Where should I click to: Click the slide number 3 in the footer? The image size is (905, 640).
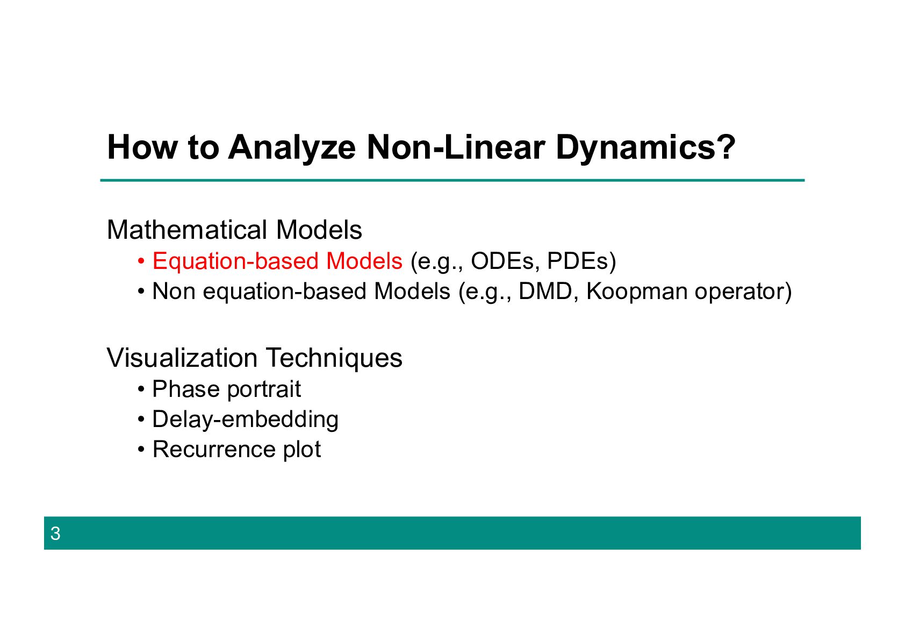(55, 534)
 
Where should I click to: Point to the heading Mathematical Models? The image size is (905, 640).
(234, 230)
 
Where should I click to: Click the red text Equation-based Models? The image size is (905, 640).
(277, 261)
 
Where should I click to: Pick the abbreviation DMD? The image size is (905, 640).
(544, 291)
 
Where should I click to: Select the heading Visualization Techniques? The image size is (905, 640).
(255, 358)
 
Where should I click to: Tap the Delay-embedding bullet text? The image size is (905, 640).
(245, 419)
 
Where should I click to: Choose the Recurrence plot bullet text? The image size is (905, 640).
(236, 449)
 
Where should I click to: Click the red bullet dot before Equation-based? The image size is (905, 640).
(141, 261)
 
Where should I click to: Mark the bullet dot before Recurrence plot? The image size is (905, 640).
(141, 450)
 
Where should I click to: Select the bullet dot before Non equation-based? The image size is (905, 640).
(141, 291)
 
